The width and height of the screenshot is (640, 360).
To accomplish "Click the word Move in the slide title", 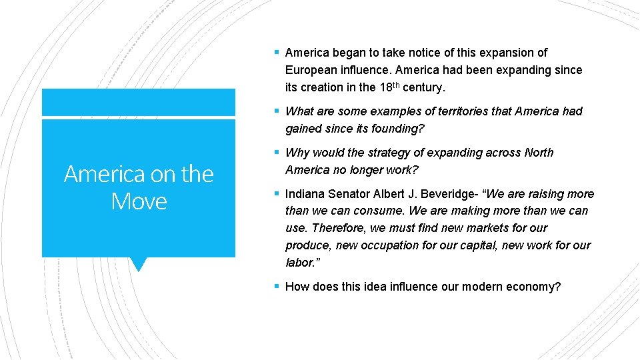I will pos(139,201).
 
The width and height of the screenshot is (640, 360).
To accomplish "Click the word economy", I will pos(536,287).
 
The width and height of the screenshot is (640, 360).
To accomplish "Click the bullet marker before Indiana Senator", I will pos(277,195).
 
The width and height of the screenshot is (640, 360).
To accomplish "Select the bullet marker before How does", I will pos(277,287).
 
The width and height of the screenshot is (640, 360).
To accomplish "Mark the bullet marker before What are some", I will pos(277,112).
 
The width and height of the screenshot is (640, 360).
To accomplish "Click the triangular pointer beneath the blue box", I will pos(139,264).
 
